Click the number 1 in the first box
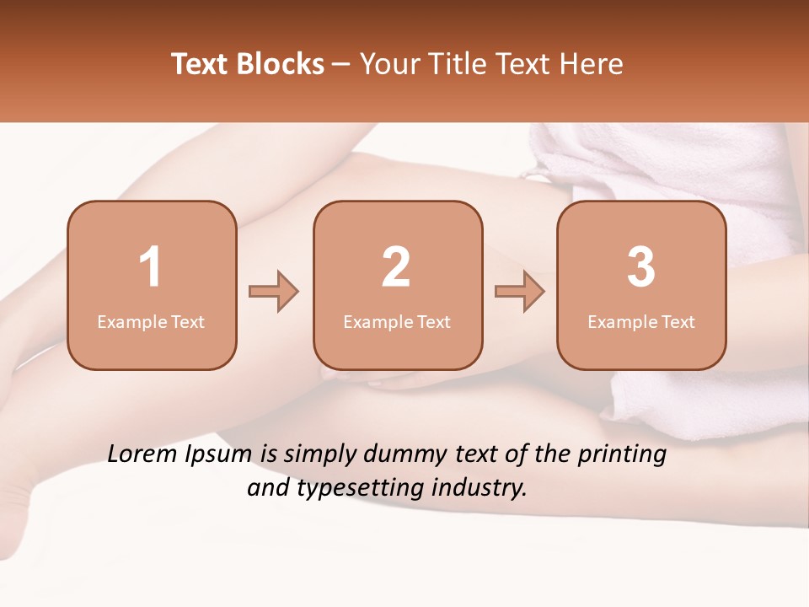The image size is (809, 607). pyautogui.click(x=151, y=267)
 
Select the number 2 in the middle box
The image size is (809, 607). pyautogui.click(x=396, y=267)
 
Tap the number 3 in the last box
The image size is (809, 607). pyautogui.click(x=641, y=267)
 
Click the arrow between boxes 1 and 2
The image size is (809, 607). pyautogui.click(x=274, y=292)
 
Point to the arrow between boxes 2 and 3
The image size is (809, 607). pyautogui.click(x=520, y=292)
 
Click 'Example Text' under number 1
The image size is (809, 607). pyautogui.click(x=151, y=322)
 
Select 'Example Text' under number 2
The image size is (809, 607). pyautogui.click(x=397, y=322)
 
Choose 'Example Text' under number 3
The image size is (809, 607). pyautogui.click(x=641, y=322)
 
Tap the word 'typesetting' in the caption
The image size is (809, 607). pyautogui.click(x=351, y=488)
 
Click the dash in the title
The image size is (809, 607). pyautogui.click(x=342, y=64)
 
